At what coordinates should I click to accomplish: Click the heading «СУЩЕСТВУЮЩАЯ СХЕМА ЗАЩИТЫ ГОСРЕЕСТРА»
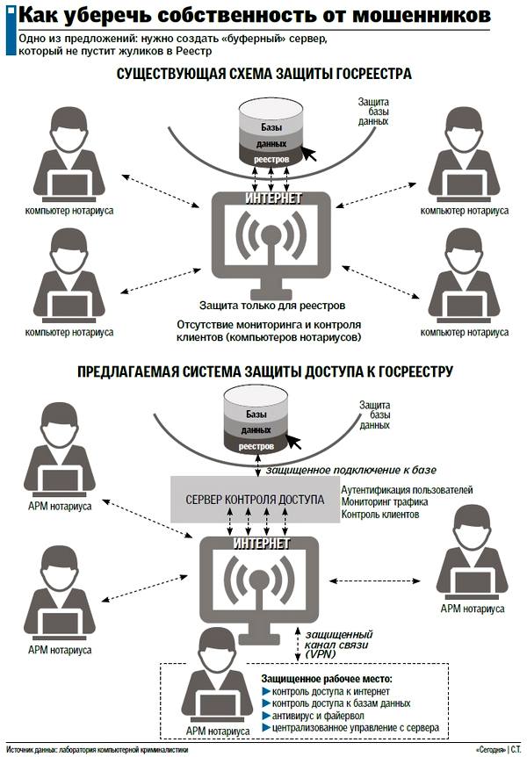pyautogui.click(x=263, y=75)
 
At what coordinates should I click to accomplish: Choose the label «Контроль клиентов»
pyautogui.click(x=379, y=515)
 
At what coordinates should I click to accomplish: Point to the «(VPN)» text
pyautogui.click(x=321, y=654)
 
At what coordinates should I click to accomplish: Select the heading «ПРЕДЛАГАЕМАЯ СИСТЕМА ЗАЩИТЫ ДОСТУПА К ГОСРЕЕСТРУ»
pyautogui.click(x=263, y=372)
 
